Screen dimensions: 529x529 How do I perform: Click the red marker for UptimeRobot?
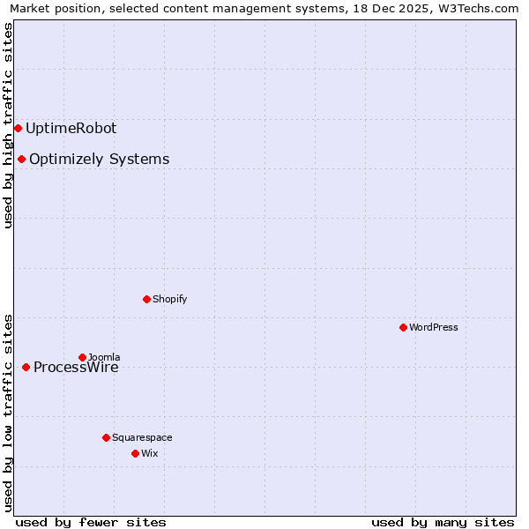click(x=18, y=128)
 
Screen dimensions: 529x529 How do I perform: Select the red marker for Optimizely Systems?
click(x=21, y=159)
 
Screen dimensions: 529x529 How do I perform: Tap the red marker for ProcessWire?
click(x=26, y=367)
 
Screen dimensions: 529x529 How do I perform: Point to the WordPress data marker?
click(x=403, y=327)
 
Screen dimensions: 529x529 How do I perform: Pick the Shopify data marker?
click(x=146, y=299)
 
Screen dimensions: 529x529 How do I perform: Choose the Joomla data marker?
click(x=82, y=357)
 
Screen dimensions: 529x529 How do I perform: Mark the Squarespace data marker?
click(x=106, y=437)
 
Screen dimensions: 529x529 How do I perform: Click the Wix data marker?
click(x=135, y=453)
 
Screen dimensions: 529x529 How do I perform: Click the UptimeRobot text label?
click(x=71, y=128)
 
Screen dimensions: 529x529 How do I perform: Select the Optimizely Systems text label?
click(x=99, y=159)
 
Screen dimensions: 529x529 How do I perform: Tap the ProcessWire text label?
click(x=76, y=368)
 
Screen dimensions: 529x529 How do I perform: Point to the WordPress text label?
click(x=434, y=327)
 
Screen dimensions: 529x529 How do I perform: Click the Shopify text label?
click(x=170, y=299)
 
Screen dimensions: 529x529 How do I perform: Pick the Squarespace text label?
click(x=142, y=437)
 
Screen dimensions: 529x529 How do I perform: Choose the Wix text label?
click(x=149, y=453)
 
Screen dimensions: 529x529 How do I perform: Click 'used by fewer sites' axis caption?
click(x=91, y=522)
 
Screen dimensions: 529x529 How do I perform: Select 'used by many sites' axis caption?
click(x=443, y=522)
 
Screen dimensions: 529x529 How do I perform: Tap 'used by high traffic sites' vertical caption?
click(x=8, y=125)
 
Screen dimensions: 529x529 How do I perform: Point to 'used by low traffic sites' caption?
click(x=8, y=412)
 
